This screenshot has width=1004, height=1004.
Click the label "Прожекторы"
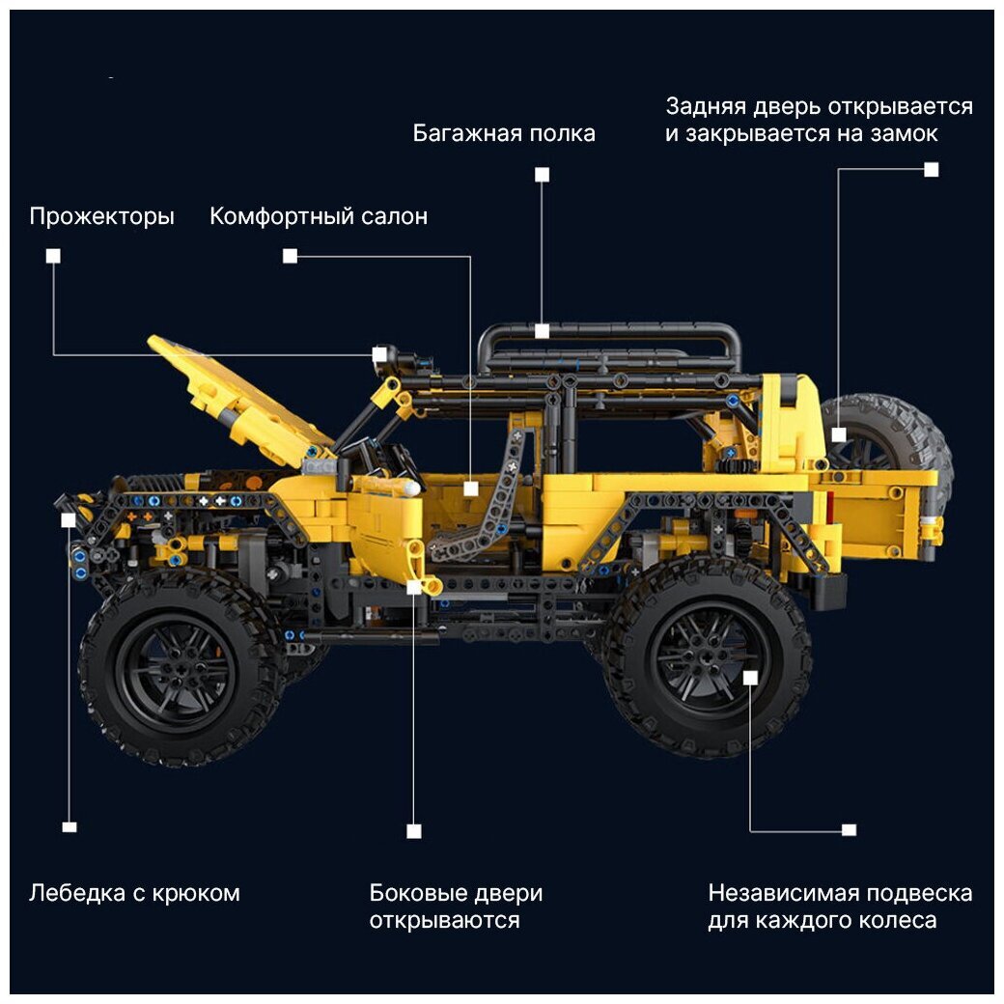[x=101, y=217]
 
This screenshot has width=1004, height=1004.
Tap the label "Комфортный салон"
[x=319, y=216]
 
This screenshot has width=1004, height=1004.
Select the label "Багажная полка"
[x=504, y=133]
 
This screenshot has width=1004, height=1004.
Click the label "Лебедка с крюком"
[x=134, y=893]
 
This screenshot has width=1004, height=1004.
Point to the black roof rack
[x=608, y=352]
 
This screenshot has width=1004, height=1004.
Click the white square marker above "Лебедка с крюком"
[x=70, y=827]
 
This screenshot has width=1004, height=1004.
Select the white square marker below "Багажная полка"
[x=542, y=175]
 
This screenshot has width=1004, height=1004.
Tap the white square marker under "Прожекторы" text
[x=53, y=256]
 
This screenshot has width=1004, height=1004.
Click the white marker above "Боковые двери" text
[x=414, y=831]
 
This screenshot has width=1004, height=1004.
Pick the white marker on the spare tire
[x=839, y=434]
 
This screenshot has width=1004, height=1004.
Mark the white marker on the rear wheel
[x=750, y=678]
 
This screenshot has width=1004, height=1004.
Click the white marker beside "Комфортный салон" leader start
[x=290, y=256]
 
